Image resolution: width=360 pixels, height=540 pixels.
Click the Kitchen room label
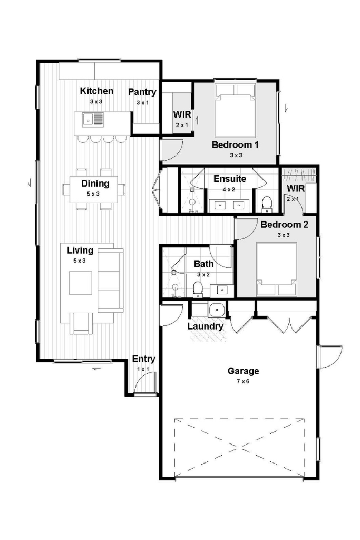coord(96,91)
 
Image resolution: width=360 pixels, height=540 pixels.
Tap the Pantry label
coord(142,92)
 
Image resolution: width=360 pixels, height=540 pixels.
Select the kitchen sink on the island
coord(93,120)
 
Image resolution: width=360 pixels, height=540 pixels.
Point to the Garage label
coord(243,371)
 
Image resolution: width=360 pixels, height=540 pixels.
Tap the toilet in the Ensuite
coord(267,204)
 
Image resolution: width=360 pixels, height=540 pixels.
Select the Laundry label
coord(206,326)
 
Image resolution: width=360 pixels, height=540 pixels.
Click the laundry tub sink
coord(217,309)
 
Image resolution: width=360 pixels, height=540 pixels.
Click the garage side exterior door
coord(330,356)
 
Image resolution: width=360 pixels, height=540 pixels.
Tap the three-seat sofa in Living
coord(111,280)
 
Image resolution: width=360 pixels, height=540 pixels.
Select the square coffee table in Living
coord(81,283)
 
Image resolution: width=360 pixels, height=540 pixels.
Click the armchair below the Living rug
coord(81,323)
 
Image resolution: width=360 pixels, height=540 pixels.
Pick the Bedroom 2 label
coord(285,225)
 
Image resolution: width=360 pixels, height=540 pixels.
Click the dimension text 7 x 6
coord(243,381)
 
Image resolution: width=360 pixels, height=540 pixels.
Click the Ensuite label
coord(230,179)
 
